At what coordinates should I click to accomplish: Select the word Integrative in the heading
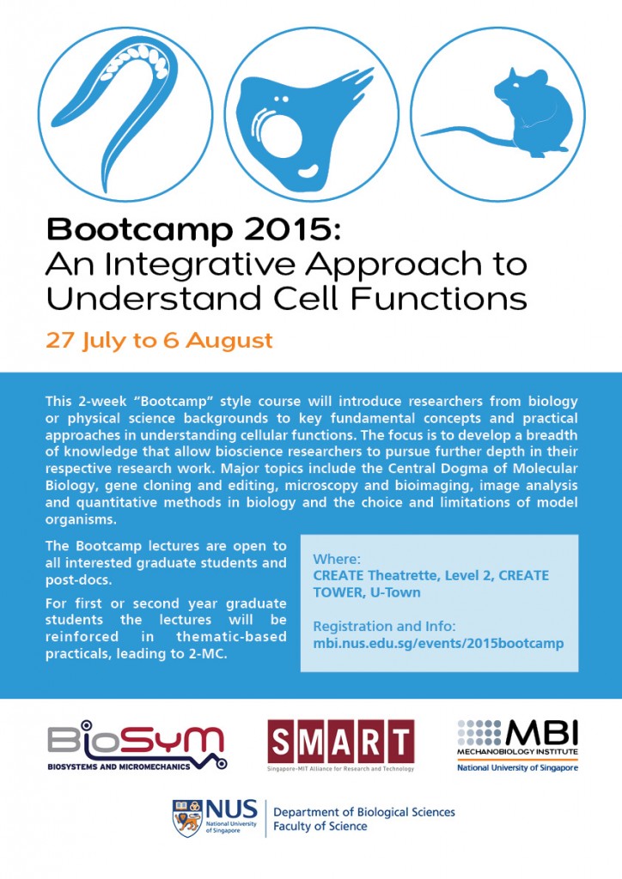point(201,264)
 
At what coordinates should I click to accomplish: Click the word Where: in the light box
point(337,559)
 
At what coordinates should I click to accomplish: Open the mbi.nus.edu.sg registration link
point(438,643)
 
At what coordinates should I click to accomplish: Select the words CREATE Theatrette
point(375,576)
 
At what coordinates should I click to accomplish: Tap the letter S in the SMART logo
point(280,742)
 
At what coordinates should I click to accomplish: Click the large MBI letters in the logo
point(541,733)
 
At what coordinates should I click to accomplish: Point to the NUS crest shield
point(187,818)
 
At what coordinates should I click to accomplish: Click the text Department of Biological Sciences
point(364,812)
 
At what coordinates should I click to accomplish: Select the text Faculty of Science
point(320,827)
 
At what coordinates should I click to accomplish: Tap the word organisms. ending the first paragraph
point(81,519)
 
